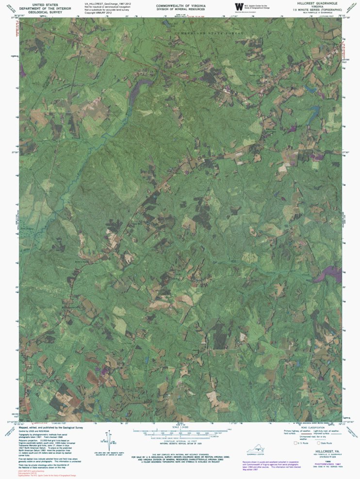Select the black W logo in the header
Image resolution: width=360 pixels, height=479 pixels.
[238, 6]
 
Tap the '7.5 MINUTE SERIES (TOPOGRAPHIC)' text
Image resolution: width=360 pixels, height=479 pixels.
[314, 9]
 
